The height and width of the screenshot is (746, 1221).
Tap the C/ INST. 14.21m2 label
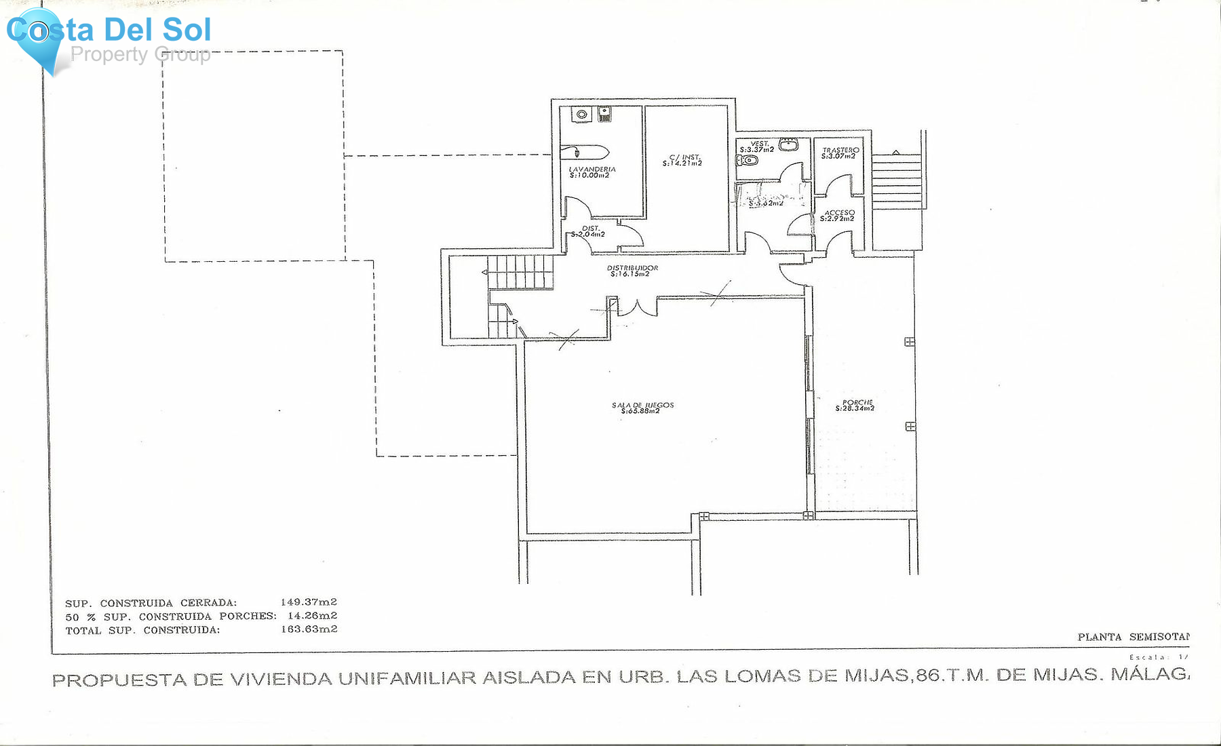[x=682, y=160]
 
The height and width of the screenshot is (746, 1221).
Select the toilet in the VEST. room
[x=747, y=160]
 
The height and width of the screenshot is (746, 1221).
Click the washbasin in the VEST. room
[x=788, y=144]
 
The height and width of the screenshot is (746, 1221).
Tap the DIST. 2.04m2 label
[x=589, y=231]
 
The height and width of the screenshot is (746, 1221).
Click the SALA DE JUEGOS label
[x=642, y=408]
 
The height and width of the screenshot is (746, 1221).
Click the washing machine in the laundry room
[x=581, y=115]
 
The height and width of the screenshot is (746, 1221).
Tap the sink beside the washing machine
[x=604, y=114]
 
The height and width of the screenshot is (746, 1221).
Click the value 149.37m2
[x=309, y=602]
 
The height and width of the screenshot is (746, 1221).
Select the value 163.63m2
[x=309, y=629]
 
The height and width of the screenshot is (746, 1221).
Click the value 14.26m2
[x=312, y=616]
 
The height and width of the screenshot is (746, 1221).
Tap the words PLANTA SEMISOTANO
[x=1133, y=636]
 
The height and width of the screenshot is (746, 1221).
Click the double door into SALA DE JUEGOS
[x=637, y=308]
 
